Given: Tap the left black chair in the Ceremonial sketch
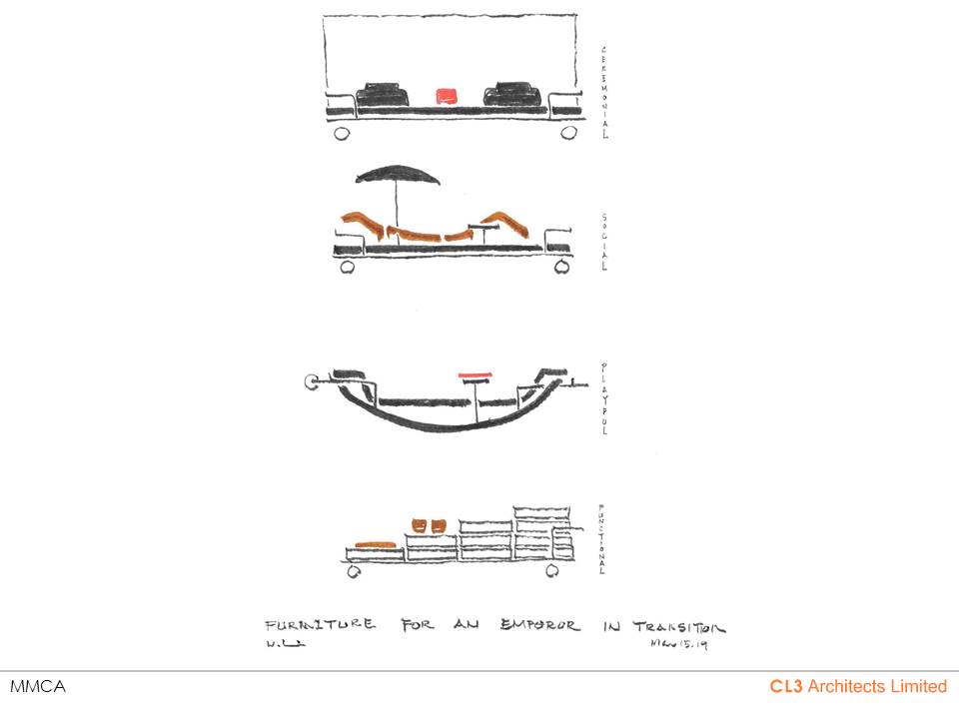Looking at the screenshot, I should tap(384, 93).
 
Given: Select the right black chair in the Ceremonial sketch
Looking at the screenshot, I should tap(511, 93).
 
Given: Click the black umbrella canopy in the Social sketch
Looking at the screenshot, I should tap(398, 177).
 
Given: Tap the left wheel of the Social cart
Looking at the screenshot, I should tap(348, 267).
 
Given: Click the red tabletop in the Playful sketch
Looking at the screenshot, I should tap(476, 375).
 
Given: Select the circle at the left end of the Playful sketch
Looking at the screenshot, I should tap(313, 381).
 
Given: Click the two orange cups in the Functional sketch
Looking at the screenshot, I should tap(427, 524).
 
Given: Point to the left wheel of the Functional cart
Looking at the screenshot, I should tap(354, 571).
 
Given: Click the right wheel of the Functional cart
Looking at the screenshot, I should tap(553, 571).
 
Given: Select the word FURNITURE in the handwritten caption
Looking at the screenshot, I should tap(321, 626).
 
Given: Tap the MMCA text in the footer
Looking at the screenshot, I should tap(29, 687).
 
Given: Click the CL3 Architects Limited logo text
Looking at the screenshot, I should tap(857, 686).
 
